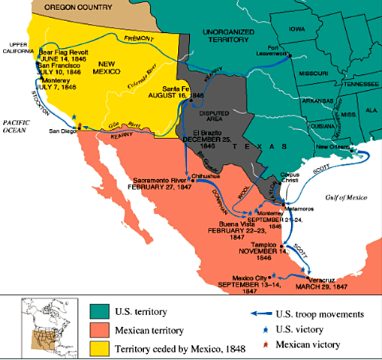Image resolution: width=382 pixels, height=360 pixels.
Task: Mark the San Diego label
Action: point(63,130)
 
